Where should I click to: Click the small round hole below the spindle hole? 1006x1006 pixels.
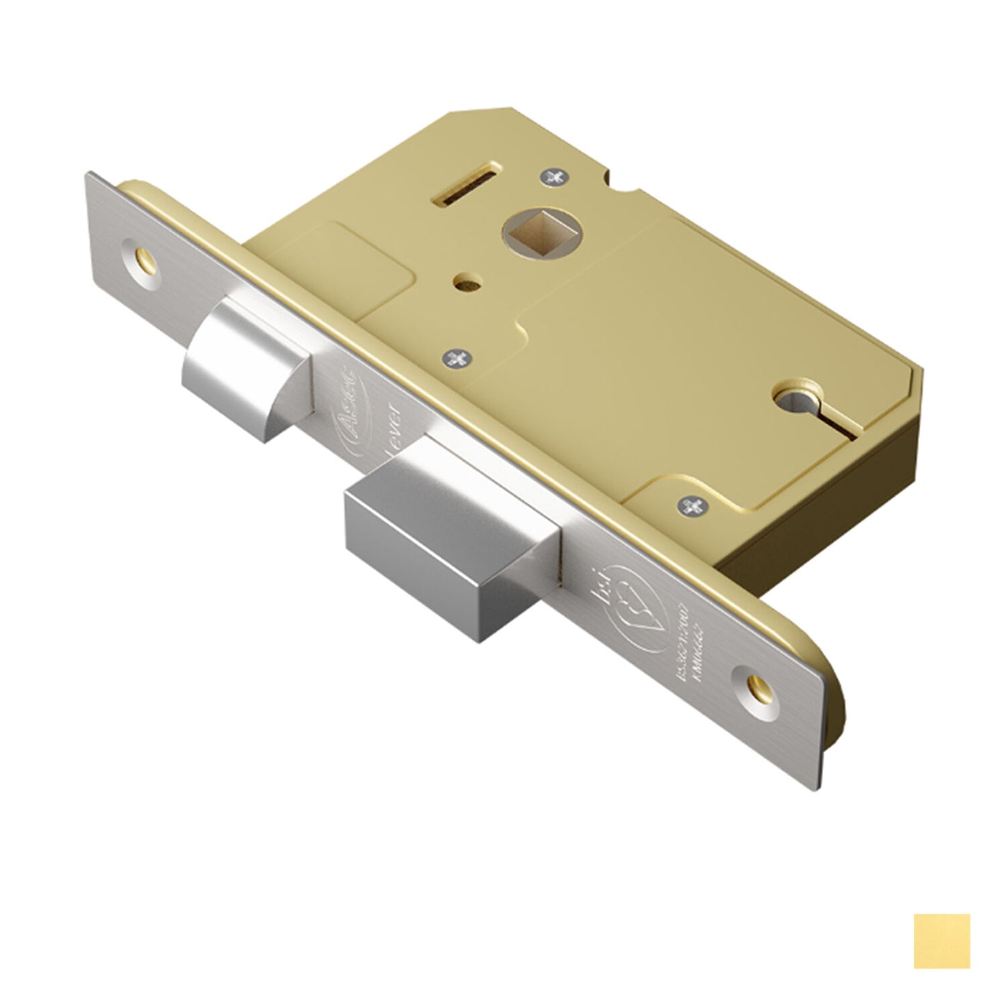459,285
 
